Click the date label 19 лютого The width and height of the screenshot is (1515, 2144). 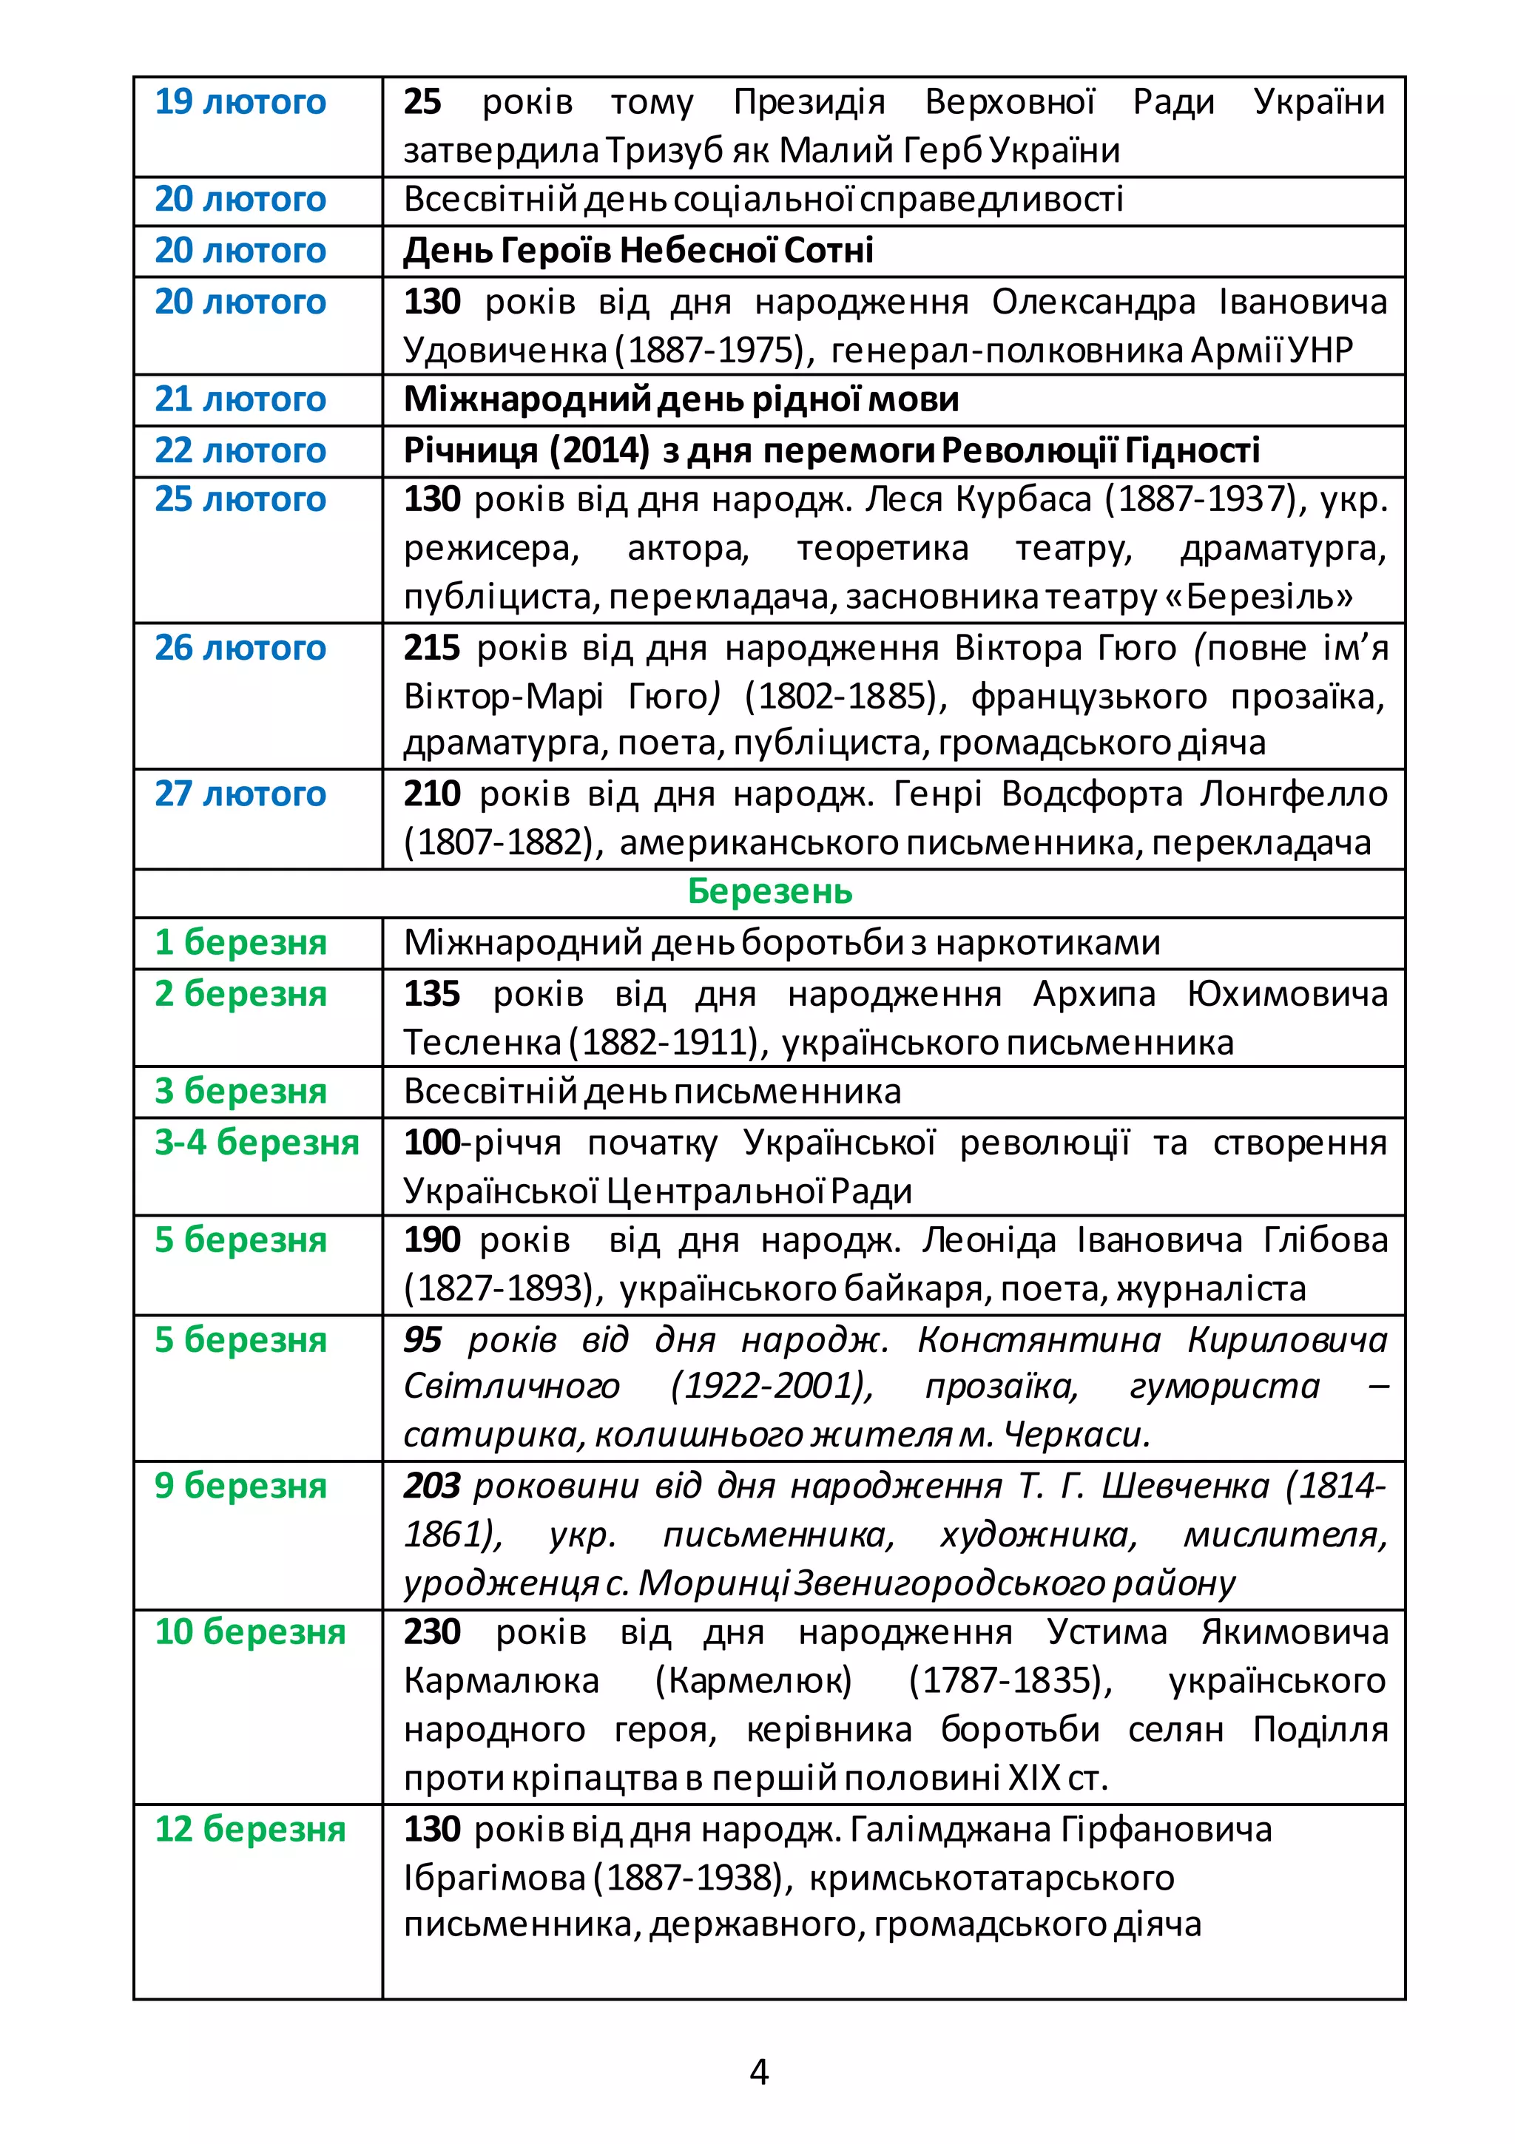[240, 102]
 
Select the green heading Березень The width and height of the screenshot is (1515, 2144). [769, 891]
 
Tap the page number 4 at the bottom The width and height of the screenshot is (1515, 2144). [758, 2072]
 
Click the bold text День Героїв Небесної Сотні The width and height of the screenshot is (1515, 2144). [638, 250]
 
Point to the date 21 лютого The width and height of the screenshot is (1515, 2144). [240, 399]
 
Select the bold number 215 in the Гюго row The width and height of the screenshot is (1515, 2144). [431, 647]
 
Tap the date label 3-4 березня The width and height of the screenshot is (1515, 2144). [257, 1141]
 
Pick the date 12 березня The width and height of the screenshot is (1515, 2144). [249, 1827]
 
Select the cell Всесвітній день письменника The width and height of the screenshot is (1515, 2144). [652, 1091]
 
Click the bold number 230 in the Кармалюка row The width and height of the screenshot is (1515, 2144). [431, 1631]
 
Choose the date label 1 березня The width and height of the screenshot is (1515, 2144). [240, 942]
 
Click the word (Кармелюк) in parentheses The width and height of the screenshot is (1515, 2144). [753, 1680]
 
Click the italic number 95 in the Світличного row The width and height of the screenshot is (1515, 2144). [422, 1339]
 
